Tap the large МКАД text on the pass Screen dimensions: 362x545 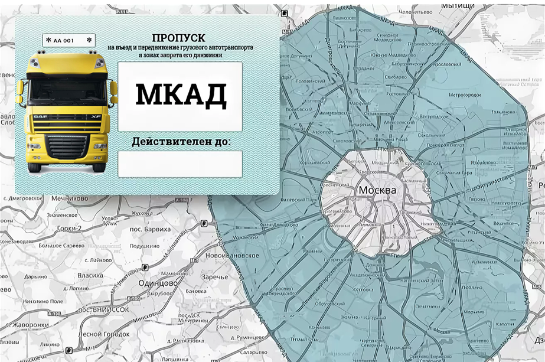pyautogui.click(x=180, y=94)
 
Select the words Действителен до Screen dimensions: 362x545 pyautogui.click(x=181, y=142)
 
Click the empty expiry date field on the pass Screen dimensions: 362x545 pyautogui.click(x=180, y=164)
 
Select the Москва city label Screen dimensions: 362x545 pyautogui.click(x=377, y=191)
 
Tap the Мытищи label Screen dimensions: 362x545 pyautogui.click(x=458, y=5)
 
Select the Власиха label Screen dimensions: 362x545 pyautogui.click(x=90, y=275)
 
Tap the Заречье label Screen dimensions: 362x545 pyautogui.click(x=214, y=277)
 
